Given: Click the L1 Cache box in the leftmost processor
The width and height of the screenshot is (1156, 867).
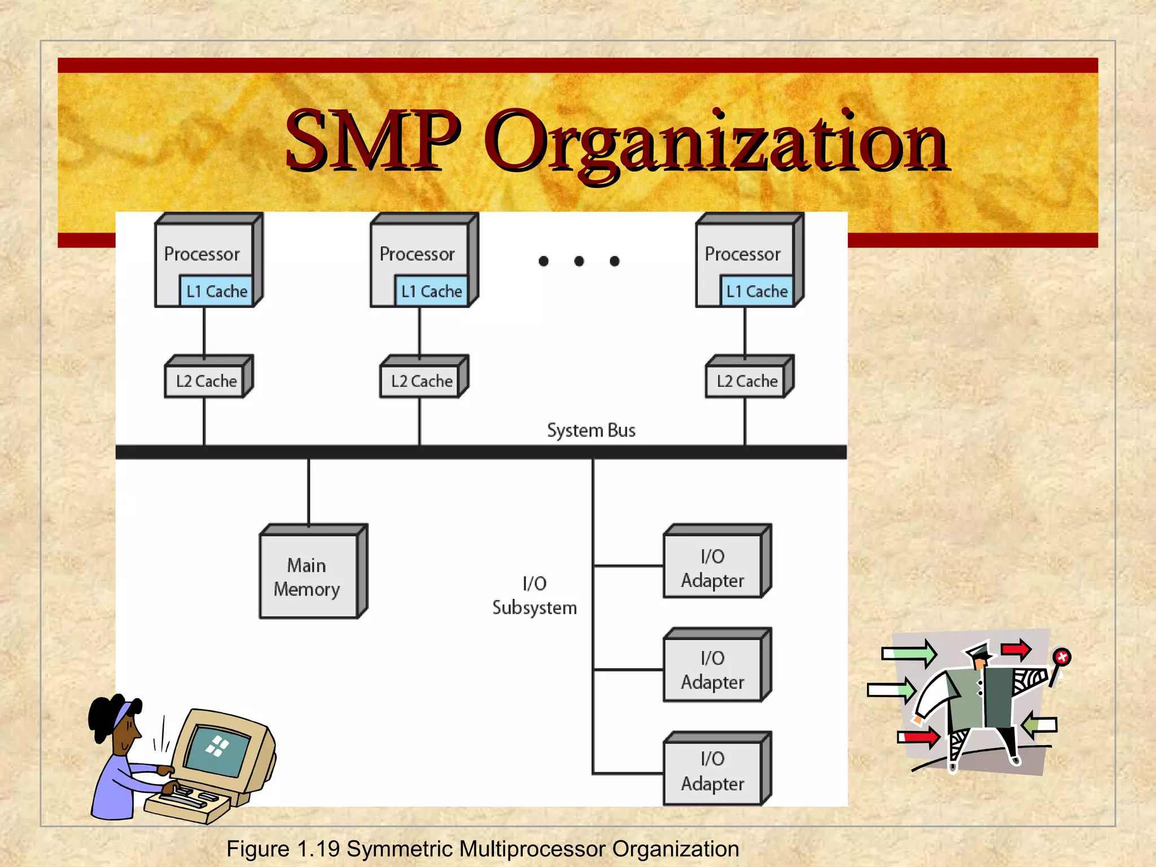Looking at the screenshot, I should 216,291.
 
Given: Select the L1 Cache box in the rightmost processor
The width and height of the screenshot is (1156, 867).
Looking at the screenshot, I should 756,291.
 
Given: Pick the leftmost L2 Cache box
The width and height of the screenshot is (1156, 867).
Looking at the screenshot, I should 206,382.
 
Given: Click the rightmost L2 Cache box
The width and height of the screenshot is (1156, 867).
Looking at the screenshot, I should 747,382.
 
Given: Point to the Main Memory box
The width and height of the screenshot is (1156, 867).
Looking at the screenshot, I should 308,576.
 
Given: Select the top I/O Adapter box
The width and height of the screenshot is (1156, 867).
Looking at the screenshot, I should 712,567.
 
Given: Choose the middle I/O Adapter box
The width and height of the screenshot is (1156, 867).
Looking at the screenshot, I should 712,669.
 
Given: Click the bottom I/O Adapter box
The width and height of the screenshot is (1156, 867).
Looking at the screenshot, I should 712,771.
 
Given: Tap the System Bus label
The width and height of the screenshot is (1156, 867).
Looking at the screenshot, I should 591,431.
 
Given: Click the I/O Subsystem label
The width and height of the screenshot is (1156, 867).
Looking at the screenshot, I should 534,595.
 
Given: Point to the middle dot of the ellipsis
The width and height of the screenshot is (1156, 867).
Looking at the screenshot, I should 579,261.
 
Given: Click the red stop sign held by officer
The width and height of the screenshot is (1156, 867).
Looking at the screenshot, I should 1062,657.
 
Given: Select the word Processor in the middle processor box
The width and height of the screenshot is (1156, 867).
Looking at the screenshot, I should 417,255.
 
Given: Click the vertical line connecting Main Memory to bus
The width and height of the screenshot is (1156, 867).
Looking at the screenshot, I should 308,491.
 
